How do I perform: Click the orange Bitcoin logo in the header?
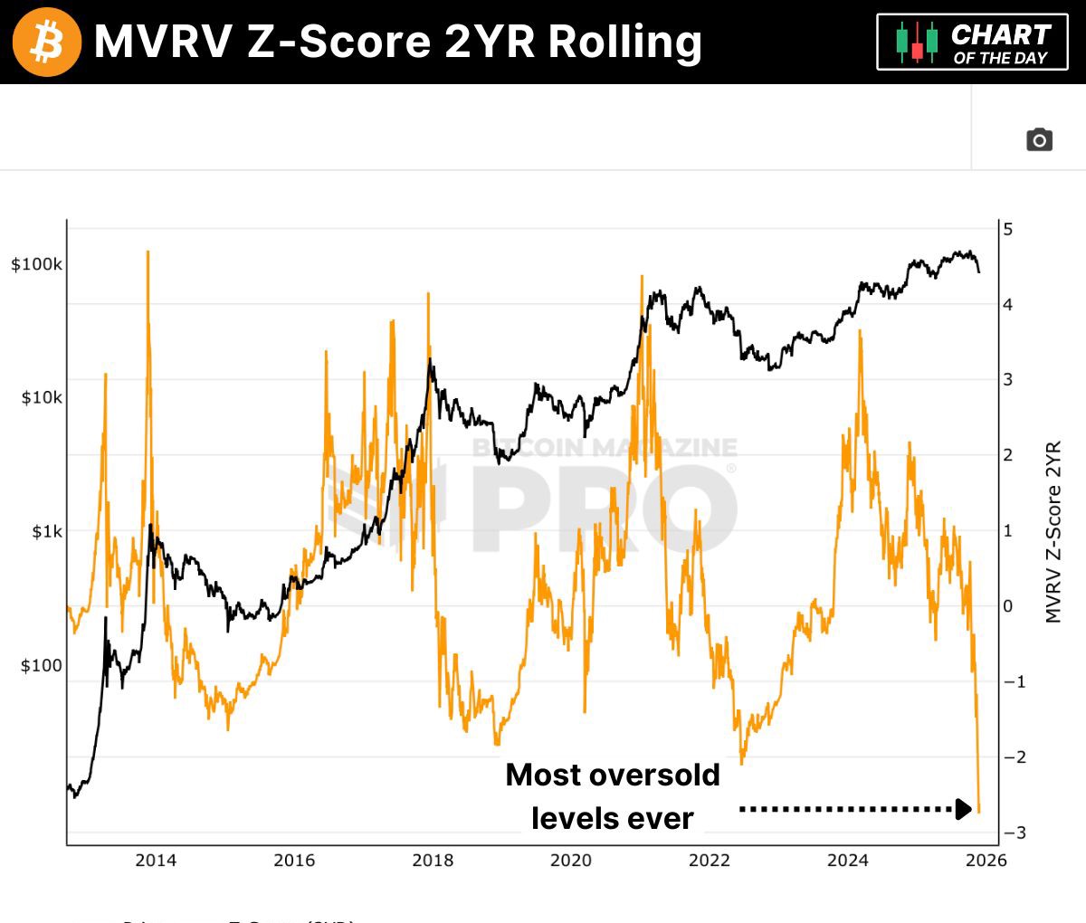pos(46,42)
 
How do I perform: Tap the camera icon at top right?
pos(1039,139)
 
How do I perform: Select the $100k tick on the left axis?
pos(36,264)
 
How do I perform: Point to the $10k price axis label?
pos(42,397)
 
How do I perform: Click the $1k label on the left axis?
pos(47,531)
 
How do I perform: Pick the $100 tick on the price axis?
pos(42,665)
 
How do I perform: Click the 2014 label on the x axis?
pos(156,860)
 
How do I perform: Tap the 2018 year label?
pos(433,860)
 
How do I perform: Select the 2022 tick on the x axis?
pos(709,860)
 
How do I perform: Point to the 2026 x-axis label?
pos(986,860)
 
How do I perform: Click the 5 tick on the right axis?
pos(1008,229)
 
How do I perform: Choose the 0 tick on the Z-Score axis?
pos(1008,606)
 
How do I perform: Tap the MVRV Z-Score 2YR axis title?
pos(1053,532)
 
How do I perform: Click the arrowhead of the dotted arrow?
pos(965,808)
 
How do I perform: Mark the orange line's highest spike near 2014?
pos(148,253)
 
